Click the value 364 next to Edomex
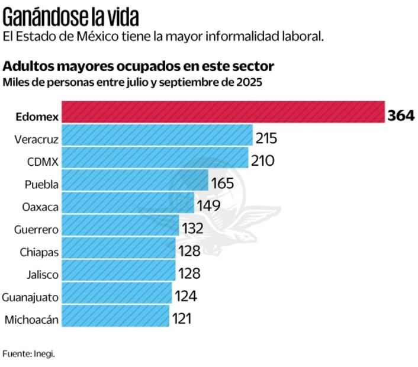[x=400, y=115]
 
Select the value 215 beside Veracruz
[x=266, y=139]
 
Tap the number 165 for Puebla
[x=223, y=183]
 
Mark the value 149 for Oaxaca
[x=208, y=205]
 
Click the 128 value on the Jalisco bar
[x=189, y=273]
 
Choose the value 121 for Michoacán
[x=182, y=318]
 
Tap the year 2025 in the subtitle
[x=248, y=81]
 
